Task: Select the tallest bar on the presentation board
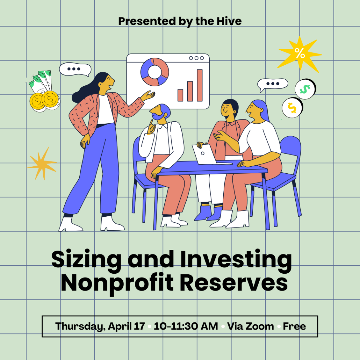coord(200,85)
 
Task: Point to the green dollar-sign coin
coord(305,89)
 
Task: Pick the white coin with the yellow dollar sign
coord(293,107)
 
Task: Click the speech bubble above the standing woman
coord(74,69)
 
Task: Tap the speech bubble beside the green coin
coord(273,84)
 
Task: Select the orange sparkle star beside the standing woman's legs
coord(42,164)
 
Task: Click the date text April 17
coord(126,326)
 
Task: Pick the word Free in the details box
coord(294,326)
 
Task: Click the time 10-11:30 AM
coord(186,326)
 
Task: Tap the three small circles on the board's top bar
coord(196,58)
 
